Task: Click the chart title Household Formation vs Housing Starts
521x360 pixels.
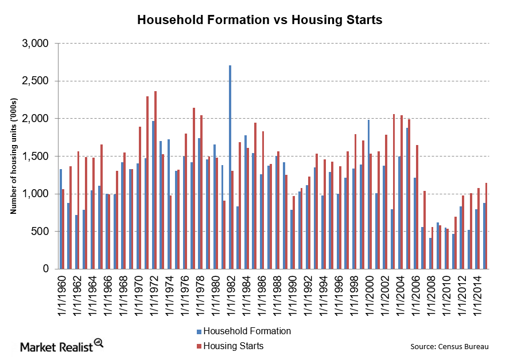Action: [259, 20]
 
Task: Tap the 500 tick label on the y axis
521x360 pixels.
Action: [42, 232]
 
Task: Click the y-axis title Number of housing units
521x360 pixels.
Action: [13, 156]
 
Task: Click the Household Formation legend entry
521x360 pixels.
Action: [247, 331]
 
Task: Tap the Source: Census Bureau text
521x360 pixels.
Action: [450, 346]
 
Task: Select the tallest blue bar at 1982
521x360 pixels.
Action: [230, 167]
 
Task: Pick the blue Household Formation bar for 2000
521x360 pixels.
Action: [368, 194]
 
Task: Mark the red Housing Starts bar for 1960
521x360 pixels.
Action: [63, 229]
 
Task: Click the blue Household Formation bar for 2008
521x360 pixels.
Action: [430, 253]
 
